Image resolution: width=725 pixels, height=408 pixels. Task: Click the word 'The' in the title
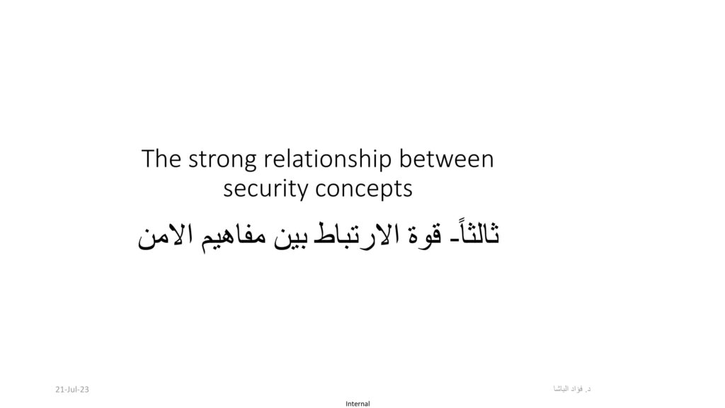161,159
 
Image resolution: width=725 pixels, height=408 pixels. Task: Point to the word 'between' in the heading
446,159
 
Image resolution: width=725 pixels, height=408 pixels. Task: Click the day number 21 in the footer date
60,390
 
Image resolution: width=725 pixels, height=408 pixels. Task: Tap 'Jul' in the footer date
72,390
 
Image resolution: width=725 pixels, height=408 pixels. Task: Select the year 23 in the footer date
84,390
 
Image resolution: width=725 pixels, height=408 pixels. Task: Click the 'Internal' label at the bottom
358,404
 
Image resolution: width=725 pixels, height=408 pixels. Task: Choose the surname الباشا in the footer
561,389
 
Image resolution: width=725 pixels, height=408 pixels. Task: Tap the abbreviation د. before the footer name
588,390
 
